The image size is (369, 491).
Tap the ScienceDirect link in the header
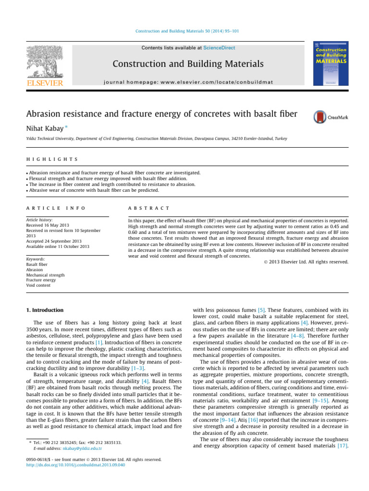219,48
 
